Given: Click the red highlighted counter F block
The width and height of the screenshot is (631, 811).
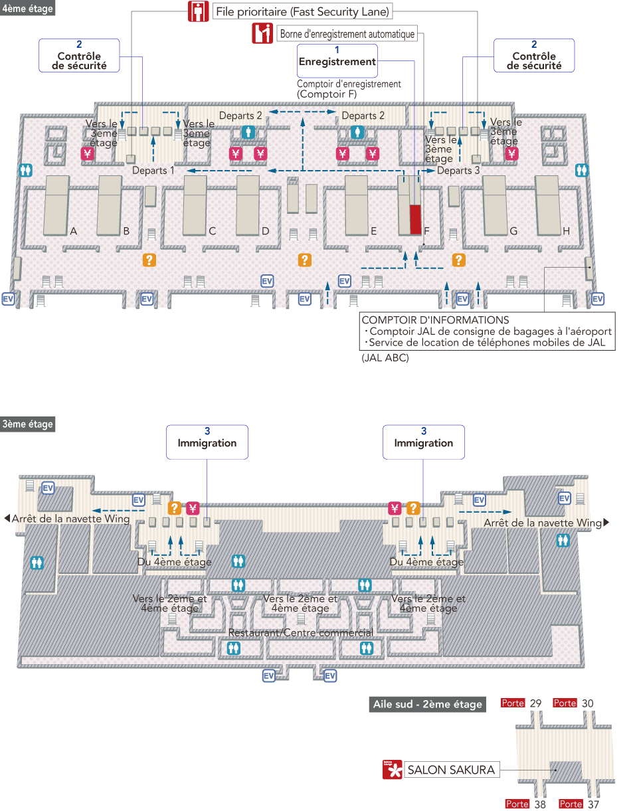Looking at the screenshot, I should click(x=415, y=219).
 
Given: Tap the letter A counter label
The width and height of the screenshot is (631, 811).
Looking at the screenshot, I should click(x=74, y=231).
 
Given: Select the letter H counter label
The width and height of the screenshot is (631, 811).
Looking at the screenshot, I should click(x=567, y=231).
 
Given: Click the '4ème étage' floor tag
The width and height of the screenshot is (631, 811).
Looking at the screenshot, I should click(x=28, y=9).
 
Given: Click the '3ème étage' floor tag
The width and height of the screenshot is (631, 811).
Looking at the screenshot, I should click(x=28, y=424).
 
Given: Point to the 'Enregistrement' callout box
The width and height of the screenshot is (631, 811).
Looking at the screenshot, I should click(x=337, y=60).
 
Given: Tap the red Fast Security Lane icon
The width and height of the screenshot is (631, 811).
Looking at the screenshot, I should click(x=197, y=12).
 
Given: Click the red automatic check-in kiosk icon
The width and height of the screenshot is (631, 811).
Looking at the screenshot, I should click(x=262, y=33).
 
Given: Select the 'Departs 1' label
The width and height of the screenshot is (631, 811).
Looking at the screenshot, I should click(x=153, y=171).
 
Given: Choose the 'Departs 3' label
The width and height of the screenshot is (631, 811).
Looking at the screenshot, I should click(x=458, y=171).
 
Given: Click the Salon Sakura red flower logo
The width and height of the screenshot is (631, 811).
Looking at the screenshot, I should click(x=393, y=770).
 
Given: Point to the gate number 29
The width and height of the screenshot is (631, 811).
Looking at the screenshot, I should click(x=536, y=703).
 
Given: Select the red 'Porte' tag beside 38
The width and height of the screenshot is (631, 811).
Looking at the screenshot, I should click(x=517, y=804).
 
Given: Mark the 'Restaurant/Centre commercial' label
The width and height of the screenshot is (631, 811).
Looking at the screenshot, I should click(x=301, y=632).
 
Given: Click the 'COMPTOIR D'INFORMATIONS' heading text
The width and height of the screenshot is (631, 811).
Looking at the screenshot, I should click(x=435, y=320).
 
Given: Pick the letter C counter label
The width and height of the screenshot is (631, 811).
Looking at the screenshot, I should click(x=213, y=231).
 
